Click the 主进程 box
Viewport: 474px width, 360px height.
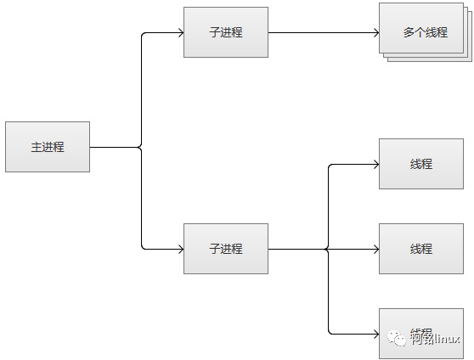coord(48,147)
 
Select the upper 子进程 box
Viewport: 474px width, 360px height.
coord(226,33)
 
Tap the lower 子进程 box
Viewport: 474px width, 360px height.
coord(226,249)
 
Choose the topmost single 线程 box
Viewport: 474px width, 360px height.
coord(421,164)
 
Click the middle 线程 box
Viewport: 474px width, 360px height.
coord(421,249)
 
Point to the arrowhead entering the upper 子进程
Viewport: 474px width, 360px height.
coord(179,33)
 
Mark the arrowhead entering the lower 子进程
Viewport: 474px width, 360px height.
coord(179,249)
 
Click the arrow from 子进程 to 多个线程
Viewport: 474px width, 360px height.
coord(323,33)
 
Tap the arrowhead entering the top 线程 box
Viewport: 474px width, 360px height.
coord(375,164)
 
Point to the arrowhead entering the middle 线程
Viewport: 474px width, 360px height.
coord(375,249)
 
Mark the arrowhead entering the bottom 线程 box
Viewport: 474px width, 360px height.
coord(375,334)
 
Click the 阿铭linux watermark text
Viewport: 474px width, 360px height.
coord(435,339)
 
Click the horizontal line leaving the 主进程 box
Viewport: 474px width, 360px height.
coord(115,147)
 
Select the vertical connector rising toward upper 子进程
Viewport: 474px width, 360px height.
coord(141,89)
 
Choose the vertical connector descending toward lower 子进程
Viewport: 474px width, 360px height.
coord(141,200)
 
